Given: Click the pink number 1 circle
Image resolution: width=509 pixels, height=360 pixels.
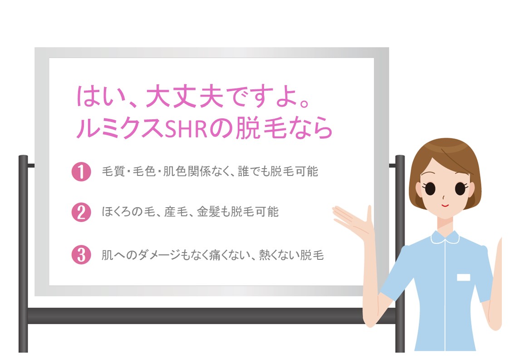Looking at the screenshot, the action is tap(81, 171).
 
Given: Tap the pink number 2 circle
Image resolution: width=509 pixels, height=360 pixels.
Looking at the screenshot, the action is tap(81, 213).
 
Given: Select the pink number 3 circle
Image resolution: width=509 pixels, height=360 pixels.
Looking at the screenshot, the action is tap(81, 255).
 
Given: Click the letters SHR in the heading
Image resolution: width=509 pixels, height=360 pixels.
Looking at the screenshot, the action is tap(186, 129).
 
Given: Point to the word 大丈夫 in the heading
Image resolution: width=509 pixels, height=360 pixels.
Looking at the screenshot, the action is tap(184, 97).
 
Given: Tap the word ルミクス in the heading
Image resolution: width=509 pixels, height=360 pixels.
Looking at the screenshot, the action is tap(120, 129).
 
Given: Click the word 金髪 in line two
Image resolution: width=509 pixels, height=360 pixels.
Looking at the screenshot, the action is tap(208, 212).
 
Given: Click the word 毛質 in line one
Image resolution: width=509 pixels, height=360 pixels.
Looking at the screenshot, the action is tap(113, 171).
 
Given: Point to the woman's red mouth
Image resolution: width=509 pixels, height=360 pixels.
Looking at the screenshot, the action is tap(445, 205).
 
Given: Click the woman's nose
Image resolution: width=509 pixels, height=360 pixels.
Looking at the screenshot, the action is tap(443, 196).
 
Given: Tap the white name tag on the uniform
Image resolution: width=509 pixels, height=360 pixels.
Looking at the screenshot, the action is tap(464, 277).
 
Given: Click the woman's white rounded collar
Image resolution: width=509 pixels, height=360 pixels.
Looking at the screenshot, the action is tap(445, 237).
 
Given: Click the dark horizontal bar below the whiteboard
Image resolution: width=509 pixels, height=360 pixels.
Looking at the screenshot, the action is tap(211, 316).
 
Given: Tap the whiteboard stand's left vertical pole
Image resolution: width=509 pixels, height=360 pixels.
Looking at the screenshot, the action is tap(23, 253).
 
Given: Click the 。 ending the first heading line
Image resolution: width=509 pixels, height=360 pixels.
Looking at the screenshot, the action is tap(304, 103).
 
